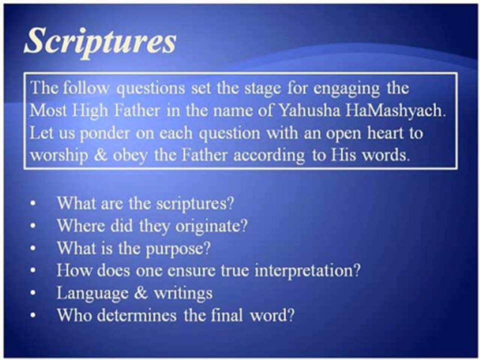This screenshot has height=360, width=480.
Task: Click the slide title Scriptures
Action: click(99, 41)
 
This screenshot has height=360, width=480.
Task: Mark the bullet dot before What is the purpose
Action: click(33, 249)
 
